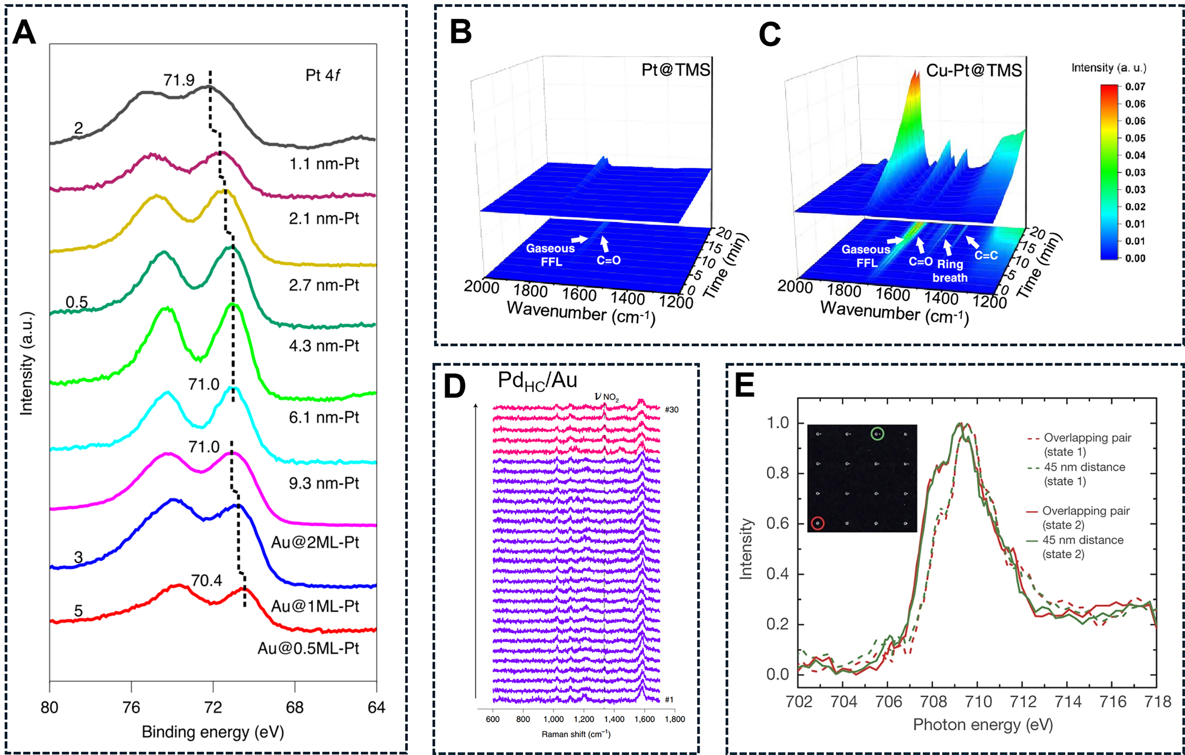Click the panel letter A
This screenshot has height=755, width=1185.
coord(24,33)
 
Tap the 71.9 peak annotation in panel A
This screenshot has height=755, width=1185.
coord(179,80)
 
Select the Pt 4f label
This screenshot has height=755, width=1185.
coord(322,75)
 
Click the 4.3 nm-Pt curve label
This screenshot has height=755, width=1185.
coord(324,346)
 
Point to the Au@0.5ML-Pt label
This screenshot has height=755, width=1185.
coord(309,648)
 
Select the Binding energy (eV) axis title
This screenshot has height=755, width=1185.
coord(213,732)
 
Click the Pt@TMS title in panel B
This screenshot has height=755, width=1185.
coord(676,70)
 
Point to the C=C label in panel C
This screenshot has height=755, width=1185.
coord(986,255)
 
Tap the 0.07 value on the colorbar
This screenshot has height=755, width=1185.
coord(1135,87)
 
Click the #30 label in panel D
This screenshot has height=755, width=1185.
coord(671,410)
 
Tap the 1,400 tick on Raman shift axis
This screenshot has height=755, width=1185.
coord(614,719)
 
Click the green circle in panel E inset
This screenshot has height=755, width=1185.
coord(877,434)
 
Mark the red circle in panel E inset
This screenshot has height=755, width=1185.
coord(817,523)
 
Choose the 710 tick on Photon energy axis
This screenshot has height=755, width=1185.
coord(978,702)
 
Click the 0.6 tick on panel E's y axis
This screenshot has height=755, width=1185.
coord(778,523)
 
